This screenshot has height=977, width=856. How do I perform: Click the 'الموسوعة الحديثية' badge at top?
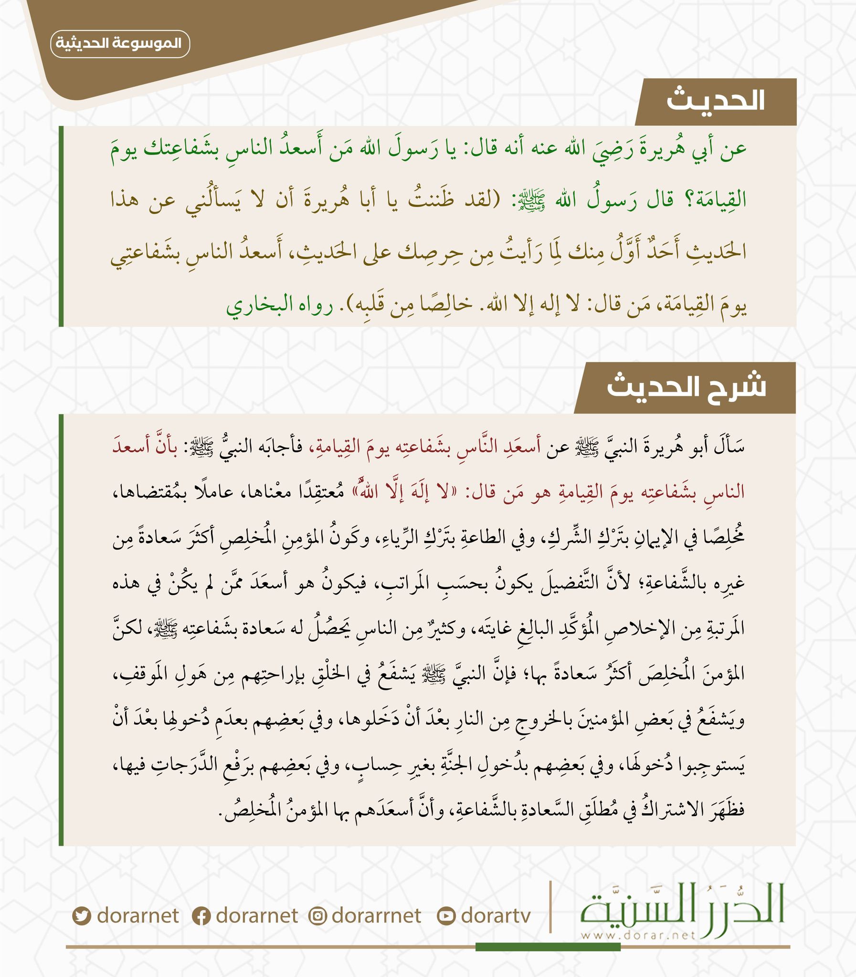click(x=120, y=44)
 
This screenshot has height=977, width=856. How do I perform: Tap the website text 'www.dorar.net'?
click(x=638, y=935)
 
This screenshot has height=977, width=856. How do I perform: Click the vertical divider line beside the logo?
click(x=550, y=906)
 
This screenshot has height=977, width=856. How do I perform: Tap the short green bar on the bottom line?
click(x=548, y=947)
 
